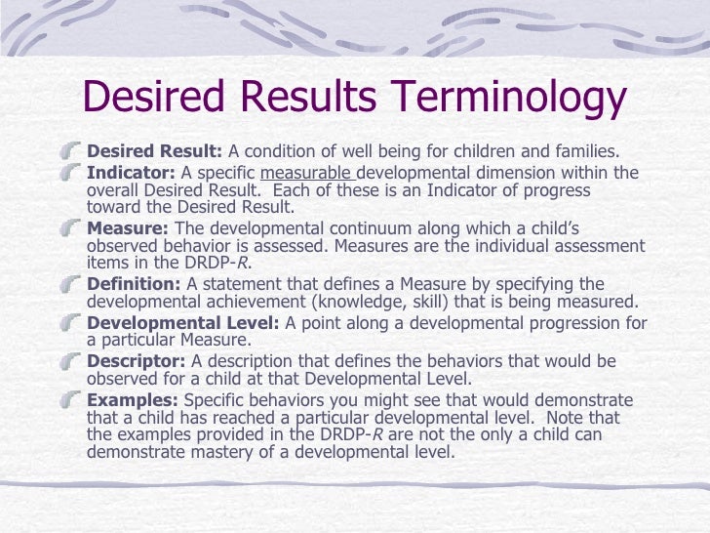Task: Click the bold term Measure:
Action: pyautogui.click(x=128, y=228)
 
